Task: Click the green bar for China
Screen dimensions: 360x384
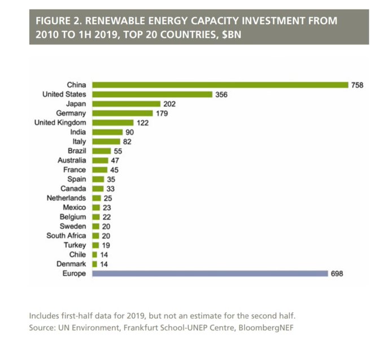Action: [x=220, y=85]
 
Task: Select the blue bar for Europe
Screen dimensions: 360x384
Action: [x=210, y=274]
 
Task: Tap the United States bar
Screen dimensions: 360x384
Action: [x=152, y=94]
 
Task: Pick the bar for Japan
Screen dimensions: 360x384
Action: [x=126, y=104]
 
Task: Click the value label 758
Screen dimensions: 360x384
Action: [x=356, y=85]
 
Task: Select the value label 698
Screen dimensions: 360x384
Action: [x=337, y=274]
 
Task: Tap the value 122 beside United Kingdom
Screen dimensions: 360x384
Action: [x=142, y=123]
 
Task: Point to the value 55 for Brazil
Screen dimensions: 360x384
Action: [x=117, y=151]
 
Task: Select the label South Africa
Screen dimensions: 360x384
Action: [x=66, y=236]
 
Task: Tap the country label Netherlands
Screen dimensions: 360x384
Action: [x=67, y=198]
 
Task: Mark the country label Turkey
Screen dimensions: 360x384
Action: [x=75, y=245]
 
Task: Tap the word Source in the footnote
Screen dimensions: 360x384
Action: [x=41, y=327]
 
